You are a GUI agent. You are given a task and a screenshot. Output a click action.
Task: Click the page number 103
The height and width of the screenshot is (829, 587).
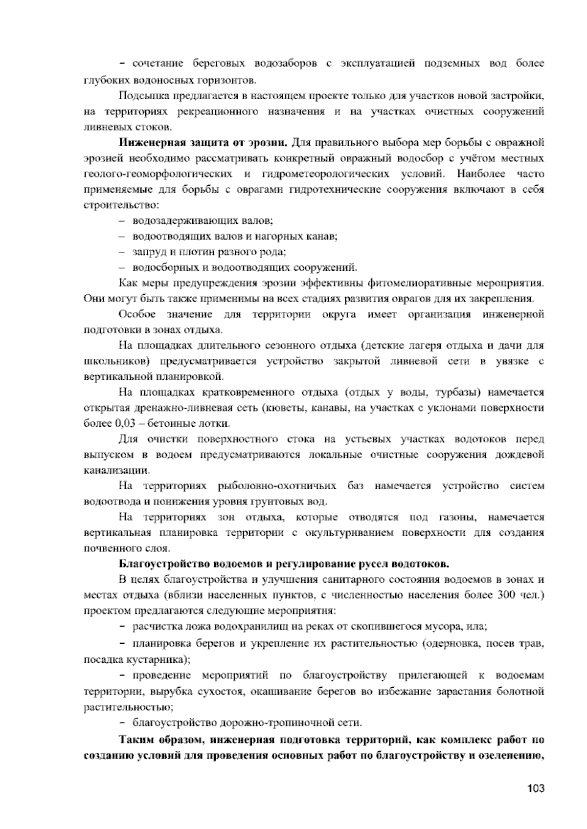click(536, 788)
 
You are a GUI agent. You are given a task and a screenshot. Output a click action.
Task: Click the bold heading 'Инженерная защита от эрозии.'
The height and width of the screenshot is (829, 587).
click(203, 143)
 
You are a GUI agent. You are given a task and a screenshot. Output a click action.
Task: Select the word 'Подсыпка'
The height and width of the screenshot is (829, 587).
click(140, 95)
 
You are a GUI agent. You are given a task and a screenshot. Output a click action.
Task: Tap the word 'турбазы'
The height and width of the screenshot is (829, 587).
click(454, 392)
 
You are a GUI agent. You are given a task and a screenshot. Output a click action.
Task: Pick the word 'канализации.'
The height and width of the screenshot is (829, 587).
click(117, 471)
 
